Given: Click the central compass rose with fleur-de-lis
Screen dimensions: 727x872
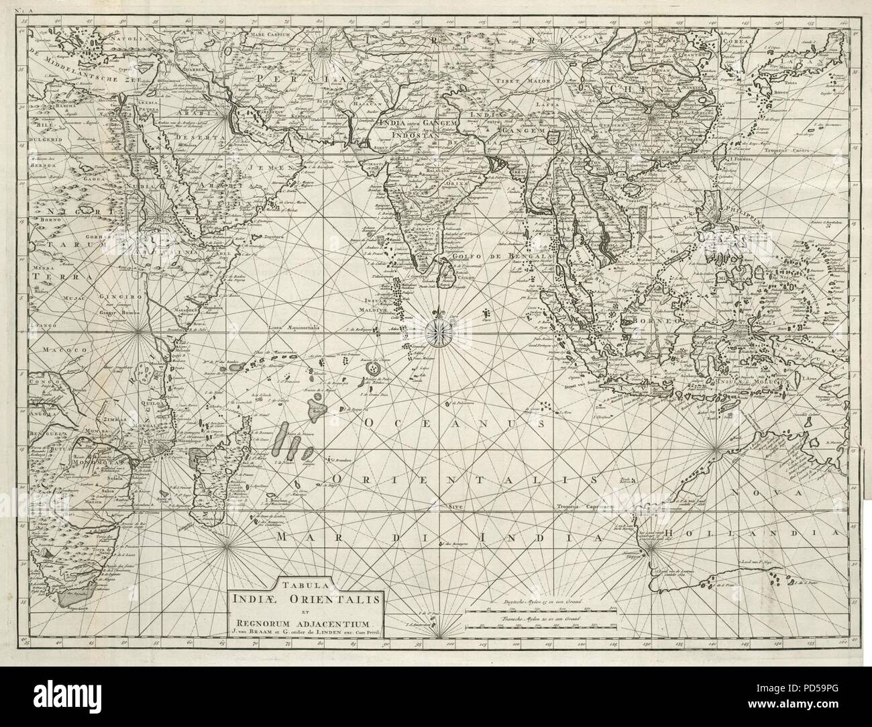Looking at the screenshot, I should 439,328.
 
